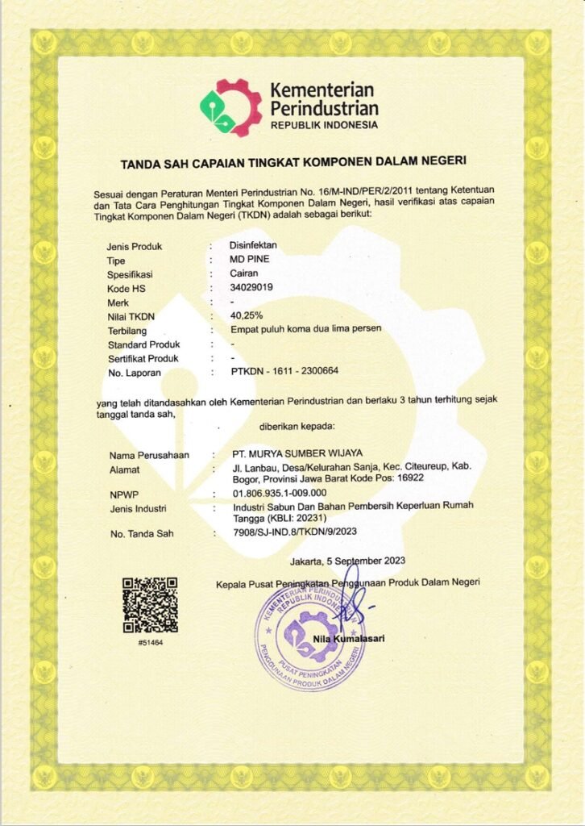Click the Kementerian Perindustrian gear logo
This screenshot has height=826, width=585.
click(x=231, y=107)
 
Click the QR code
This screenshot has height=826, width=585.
click(x=150, y=605)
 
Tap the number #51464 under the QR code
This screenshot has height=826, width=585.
click(x=150, y=642)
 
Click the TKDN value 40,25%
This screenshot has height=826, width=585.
click(x=247, y=315)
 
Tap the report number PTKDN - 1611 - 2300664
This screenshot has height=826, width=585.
click(x=284, y=372)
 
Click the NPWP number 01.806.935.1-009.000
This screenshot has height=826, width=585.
click(x=279, y=492)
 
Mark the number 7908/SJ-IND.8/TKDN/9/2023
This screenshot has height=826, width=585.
click(x=295, y=532)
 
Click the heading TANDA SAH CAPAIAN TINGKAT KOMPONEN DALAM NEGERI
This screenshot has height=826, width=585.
click(x=293, y=163)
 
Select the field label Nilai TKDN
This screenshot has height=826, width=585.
click(x=133, y=316)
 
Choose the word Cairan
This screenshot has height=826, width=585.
click(x=246, y=273)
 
